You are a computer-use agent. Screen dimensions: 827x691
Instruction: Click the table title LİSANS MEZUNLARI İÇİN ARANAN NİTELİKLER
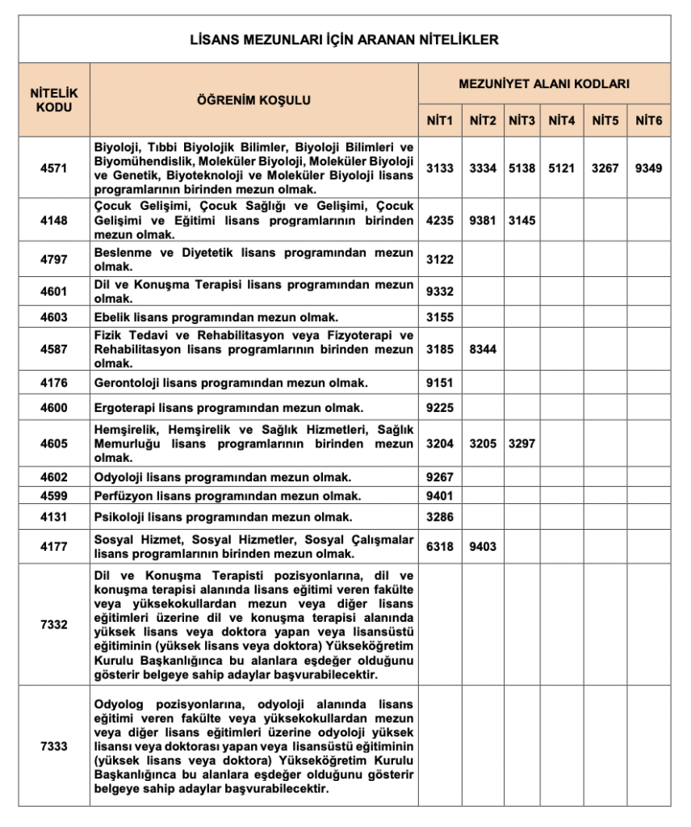pyautogui.click(x=344, y=39)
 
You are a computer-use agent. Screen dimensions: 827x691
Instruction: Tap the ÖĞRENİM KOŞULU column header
pyautogui.click(x=253, y=100)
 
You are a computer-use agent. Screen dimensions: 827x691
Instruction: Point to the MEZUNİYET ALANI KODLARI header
pyautogui.click(x=544, y=83)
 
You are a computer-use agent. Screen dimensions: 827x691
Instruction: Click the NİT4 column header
pyautogui.click(x=562, y=121)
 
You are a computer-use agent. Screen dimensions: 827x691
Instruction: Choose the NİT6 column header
pyautogui.click(x=648, y=121)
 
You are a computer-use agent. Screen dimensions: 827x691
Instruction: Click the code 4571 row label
pyautogui.click(x=54, y=169)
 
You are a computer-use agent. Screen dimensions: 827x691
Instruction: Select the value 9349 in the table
pyautogui.click(x=648, y=169)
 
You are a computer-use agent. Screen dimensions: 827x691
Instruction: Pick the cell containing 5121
pyautogui.click(x=562, y=169)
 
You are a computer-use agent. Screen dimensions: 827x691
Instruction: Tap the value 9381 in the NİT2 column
pyautogui.click(x=483, y=220)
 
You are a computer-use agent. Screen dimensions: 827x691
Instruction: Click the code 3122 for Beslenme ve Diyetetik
pyautogui.click(x=440, y=260)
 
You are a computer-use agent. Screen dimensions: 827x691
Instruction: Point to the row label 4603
pyautogui.click(x=54, y=317)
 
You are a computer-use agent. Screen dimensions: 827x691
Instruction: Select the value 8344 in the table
pyautogui.click(x=483, y=350)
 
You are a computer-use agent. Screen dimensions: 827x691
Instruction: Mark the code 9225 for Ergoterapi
pyautogui.click(x=440, y=408)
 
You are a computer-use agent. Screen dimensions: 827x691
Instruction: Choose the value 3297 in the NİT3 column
pyautogui.click(x=522, y=443)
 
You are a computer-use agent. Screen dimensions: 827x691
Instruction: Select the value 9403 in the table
pyautogui.click(x=483, y=547)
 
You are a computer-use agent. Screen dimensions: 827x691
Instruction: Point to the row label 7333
pyautogui.click(x=54, y=746)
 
